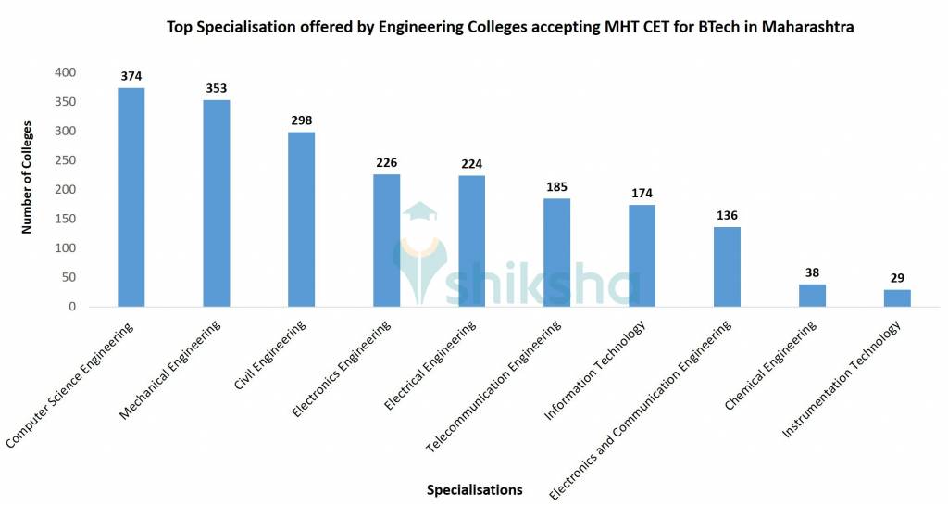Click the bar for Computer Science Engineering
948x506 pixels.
131,197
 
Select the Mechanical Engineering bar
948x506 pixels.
216,203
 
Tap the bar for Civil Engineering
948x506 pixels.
301,220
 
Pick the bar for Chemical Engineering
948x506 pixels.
812,296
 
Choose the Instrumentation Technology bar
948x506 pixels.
897,298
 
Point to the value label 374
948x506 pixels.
131,76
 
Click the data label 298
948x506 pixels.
301,120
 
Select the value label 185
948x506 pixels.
556,187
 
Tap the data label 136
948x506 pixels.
727,216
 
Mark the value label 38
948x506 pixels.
812,273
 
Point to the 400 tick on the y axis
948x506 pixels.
66,72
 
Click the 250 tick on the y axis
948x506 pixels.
66,160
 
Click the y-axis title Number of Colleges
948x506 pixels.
28,176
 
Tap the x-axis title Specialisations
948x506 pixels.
474,489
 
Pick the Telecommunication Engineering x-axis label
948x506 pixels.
495,386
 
